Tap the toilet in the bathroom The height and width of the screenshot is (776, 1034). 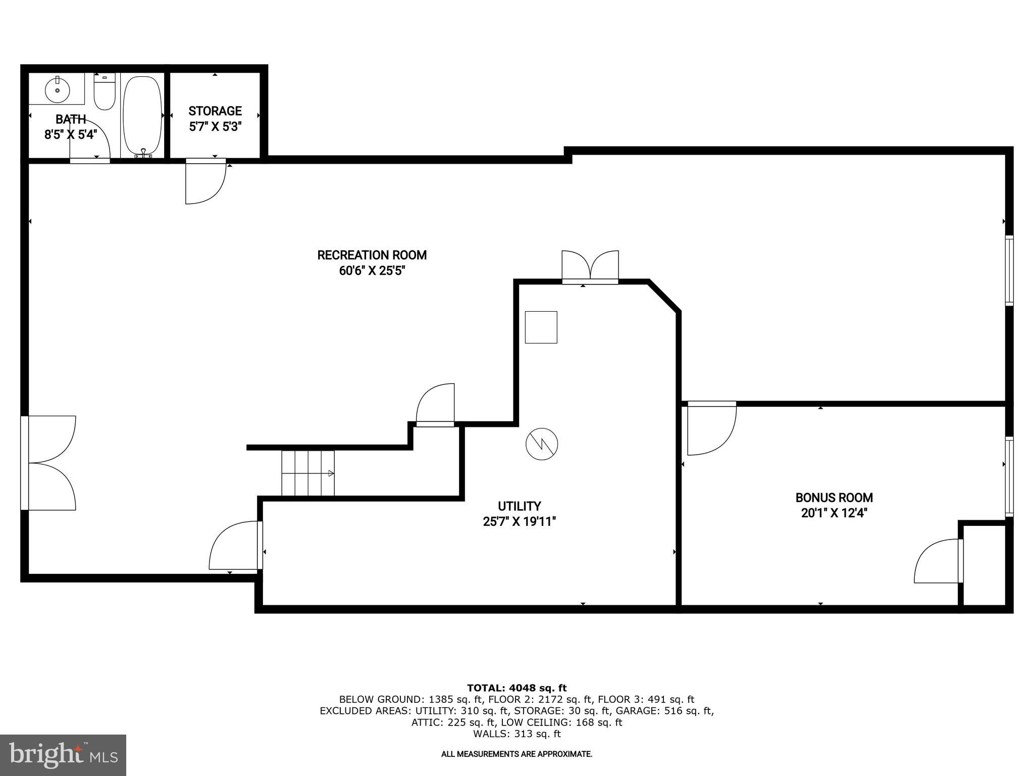pos(105,92)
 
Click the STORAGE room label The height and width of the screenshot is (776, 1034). pos(215,111)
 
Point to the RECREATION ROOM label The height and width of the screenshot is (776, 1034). pos(372,255)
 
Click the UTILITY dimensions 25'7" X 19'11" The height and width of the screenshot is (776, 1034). pos(519,521)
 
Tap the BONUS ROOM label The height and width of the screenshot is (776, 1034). pos(834,498)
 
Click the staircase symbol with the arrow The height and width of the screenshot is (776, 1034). pos(308,473)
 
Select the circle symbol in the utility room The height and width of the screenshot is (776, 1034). pos(542,444)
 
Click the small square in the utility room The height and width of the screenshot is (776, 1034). pos(541,327)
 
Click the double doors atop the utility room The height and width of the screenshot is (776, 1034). pos(590,266)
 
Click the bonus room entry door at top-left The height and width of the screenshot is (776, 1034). pos(710,428)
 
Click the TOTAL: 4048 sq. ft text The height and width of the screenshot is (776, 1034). pos(516,688)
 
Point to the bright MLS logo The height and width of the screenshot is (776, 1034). pos(63,755)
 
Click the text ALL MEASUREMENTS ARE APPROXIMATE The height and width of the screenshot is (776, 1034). pos(516,754)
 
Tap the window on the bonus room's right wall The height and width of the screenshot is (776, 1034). pos(1009,476)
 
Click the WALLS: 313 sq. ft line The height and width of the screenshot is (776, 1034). pos(516,734)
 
